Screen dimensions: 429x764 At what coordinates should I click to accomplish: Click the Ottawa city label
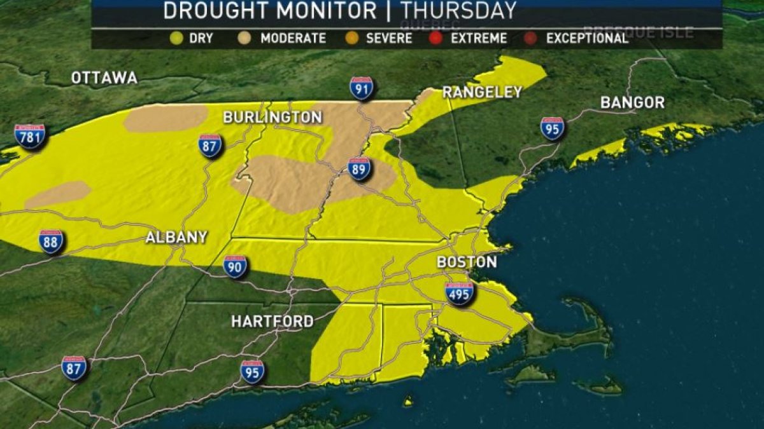tap(104, 78)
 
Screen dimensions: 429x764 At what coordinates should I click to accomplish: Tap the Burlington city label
tap(272, 118)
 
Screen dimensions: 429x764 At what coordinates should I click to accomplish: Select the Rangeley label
tap(482, 92)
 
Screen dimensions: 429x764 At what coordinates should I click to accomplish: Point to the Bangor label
tap(632, 102)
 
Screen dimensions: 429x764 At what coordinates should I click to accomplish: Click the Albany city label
tap(176, 238)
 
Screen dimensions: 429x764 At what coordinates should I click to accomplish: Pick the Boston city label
tap(467, 262)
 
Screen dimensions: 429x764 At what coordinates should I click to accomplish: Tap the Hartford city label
tap(272, 322)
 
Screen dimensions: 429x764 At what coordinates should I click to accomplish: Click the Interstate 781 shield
tap(30, 136)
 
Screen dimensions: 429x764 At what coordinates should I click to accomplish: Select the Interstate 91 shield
tap(361, 88)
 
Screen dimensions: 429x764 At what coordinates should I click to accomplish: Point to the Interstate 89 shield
tap(360, 169)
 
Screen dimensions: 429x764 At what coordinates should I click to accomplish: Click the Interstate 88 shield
tap(51, 242)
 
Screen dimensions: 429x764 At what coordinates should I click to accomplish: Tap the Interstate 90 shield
tap(235, 266)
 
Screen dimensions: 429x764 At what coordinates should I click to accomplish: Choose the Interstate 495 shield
tap(459, 293)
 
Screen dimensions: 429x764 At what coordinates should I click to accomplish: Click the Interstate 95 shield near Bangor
tap(552, 128)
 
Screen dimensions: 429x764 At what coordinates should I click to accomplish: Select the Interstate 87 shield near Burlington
tap(209, 146)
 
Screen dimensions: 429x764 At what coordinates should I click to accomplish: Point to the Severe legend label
tap(389, 38)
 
